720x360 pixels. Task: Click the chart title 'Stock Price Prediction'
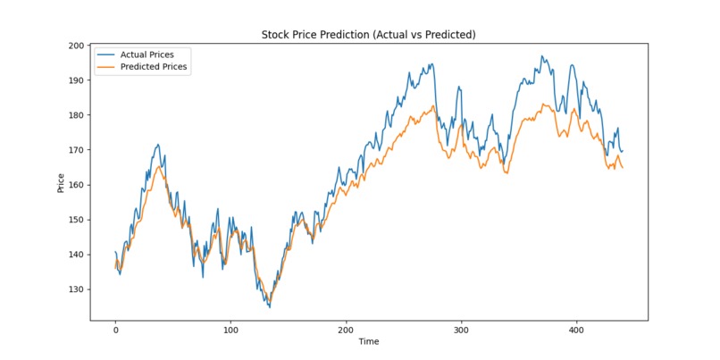click(x=368, y=35)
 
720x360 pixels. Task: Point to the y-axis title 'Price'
click(x=61, y=182)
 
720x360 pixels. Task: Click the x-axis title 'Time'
click(x=368, y=341)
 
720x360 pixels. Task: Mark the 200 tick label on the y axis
click(x=75, y=46)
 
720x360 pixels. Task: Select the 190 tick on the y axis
click(x=75, y=80)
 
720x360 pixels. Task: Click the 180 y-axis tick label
click(x=75, y=115)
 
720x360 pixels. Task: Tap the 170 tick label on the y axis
click(x=75, y=150)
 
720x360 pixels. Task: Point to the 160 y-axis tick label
click(x=75, y=185)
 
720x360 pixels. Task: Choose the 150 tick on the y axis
click(x=75, y=220)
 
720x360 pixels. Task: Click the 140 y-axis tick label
click(x=75, y=255)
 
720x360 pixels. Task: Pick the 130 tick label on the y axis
click(x=75, y=289)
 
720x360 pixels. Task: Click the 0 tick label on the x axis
click(x=115, y=328)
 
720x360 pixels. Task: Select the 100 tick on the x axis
click(x=230, y=328)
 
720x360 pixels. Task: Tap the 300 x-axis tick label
click(x=461, y=328)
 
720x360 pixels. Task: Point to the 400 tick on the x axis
click(x=575, y=328)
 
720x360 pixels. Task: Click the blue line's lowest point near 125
click(x=269, y=307)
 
